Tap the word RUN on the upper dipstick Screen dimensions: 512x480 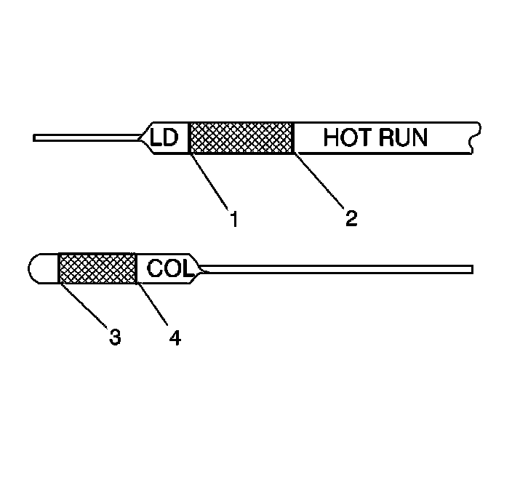click(x=402, y=137)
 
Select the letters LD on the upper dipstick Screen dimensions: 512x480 click(x=164, y=137)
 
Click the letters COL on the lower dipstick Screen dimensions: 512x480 click(x=169, y=268)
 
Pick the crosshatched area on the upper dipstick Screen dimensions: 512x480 click(x=241, y=137)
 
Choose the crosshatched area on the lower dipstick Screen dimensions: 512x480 click(x=97, y=268)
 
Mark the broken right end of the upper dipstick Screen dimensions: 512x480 click(x=473, y=137)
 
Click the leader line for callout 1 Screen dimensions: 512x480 click(x=211, y=181)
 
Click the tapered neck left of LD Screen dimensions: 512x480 click(x=143, y=137)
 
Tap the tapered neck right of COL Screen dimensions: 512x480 click(x=199, y=270)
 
